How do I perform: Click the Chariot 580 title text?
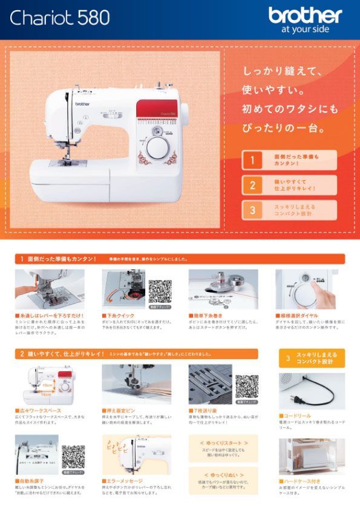[x=59, y=18]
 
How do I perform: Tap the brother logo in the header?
[x=305, y=15]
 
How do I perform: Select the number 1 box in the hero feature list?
[x=252, y=160]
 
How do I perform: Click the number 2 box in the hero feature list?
[x=252, y=185]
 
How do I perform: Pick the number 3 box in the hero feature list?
[x=252, y=210]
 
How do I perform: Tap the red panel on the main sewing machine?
[x=160, y=109]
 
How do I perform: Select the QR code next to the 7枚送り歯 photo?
[x=246, y=386]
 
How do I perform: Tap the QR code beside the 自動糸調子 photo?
[x=73, y=456]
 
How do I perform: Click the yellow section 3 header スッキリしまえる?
[x=311, y=358]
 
